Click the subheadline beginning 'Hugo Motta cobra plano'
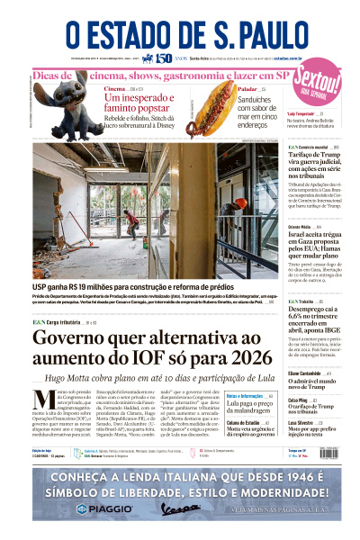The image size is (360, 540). point(158,382)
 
